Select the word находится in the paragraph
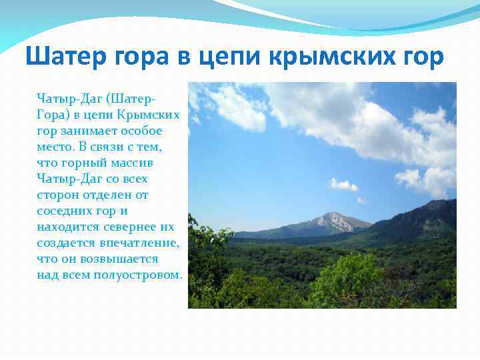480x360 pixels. (67, 227)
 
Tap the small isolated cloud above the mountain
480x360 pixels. (343, 185)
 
